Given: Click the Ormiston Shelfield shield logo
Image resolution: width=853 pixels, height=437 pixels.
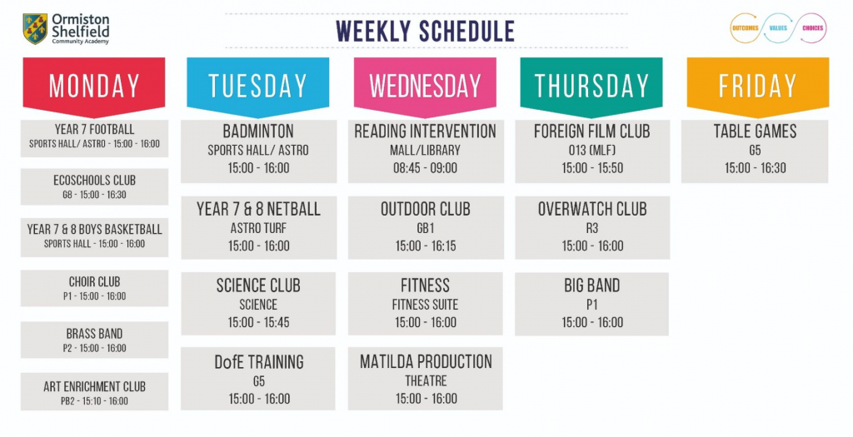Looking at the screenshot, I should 34,28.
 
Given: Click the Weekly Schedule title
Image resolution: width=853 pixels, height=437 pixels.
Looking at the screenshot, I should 425,31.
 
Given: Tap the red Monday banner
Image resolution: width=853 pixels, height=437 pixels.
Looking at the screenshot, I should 94,86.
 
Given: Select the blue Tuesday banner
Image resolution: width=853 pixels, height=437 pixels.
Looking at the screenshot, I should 258,86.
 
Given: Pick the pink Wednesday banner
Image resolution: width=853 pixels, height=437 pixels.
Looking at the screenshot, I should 425,86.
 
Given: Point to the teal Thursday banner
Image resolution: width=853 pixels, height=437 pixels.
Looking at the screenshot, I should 591,86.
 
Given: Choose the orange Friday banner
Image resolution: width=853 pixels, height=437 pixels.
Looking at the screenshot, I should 757,86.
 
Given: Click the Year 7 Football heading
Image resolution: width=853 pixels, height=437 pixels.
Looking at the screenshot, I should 94,130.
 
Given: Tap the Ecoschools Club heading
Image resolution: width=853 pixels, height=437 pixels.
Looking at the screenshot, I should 94,180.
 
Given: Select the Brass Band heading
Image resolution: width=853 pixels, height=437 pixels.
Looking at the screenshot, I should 94,334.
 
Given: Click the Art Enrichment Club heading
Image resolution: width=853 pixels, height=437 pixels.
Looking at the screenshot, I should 94,386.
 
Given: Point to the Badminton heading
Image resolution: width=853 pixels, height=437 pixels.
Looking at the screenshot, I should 258,132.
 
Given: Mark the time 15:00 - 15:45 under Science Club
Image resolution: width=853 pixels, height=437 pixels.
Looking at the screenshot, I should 258,322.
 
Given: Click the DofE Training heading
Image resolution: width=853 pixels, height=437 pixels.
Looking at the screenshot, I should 258,361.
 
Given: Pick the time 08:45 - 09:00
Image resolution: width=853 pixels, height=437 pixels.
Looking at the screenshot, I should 425,168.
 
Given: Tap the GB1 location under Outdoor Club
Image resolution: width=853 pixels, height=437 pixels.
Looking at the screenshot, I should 425,227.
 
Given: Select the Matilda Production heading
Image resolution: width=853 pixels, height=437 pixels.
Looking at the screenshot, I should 426,361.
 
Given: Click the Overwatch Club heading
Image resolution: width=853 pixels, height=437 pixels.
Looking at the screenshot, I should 591,209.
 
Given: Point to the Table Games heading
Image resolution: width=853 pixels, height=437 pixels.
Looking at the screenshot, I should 755,132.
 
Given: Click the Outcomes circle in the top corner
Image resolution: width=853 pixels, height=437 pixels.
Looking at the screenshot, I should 744,28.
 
